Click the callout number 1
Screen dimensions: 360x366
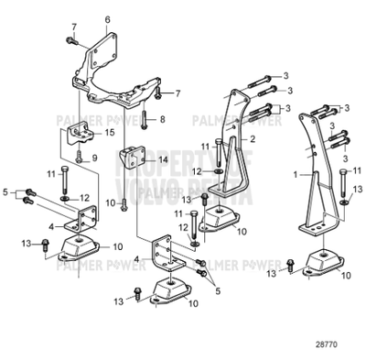click(296, 172)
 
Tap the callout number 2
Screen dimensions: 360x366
click(253, 137)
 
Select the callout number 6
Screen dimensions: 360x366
click(107, 19)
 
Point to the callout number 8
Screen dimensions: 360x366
click(163, 120)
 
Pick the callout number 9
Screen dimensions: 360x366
click(107, 158)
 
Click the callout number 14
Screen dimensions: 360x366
click(164, 159)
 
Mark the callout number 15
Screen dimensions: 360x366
click(109, 133)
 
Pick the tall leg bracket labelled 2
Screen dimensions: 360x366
click(236, 147)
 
